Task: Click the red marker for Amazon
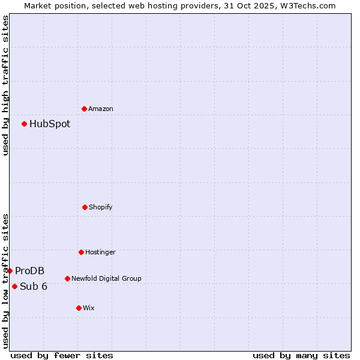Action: point(84,109)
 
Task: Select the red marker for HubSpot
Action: point(24,124)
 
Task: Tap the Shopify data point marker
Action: point(85,207)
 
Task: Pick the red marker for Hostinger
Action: point(81,252)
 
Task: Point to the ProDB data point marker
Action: point(10,271)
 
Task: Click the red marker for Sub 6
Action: point(14,286)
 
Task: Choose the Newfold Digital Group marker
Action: point(67,278)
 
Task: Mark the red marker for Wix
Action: point(79,308)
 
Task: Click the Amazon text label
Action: point(101,109)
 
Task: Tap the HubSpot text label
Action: point(50,124)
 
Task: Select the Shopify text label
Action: point(101,208)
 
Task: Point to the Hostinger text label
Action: point(100,253)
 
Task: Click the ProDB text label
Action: point(30,271)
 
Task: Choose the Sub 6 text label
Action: point(34,287)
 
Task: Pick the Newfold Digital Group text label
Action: point(106,279)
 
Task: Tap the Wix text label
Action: point(89,308)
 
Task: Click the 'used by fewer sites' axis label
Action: point(62,355)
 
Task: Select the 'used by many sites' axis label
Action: point(301,355)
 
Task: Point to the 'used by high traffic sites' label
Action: point(5,85)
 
